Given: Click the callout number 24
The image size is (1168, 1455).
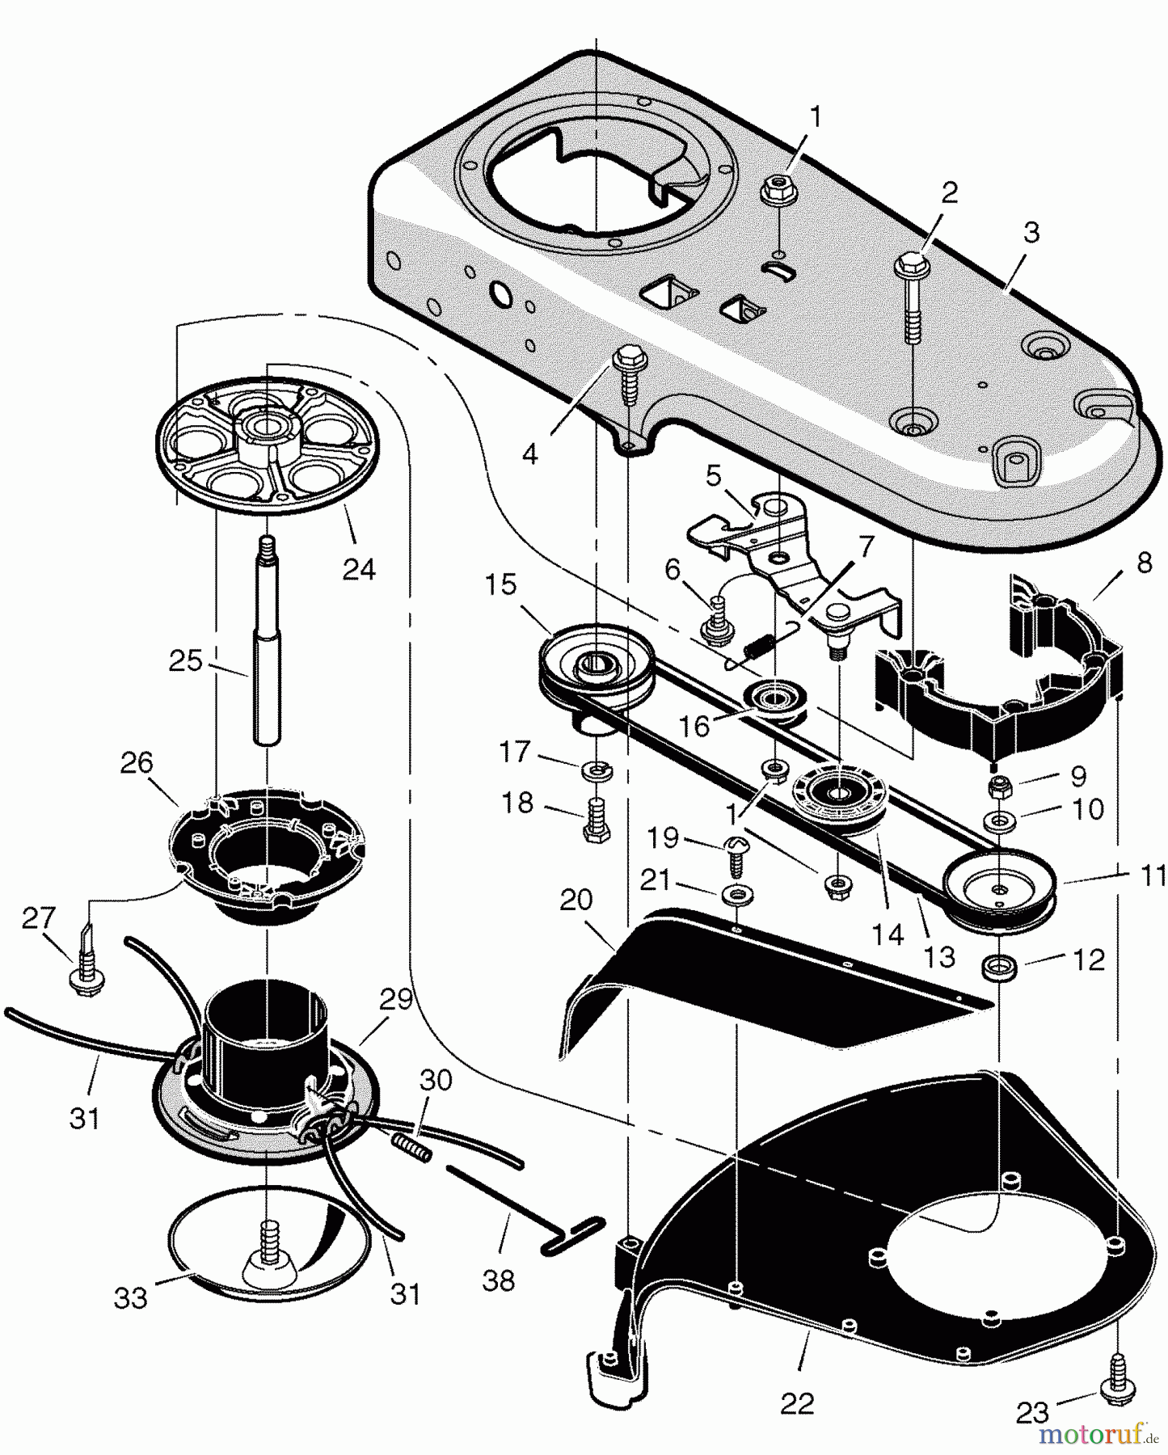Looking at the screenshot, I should coord(359,569).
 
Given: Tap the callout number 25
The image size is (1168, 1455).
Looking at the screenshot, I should coord(185,660).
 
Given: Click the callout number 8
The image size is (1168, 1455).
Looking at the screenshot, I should coord(1143,563).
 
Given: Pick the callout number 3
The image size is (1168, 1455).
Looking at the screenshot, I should coord(1031,232).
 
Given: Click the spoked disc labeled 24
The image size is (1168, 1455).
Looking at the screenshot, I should coord(266,452).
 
